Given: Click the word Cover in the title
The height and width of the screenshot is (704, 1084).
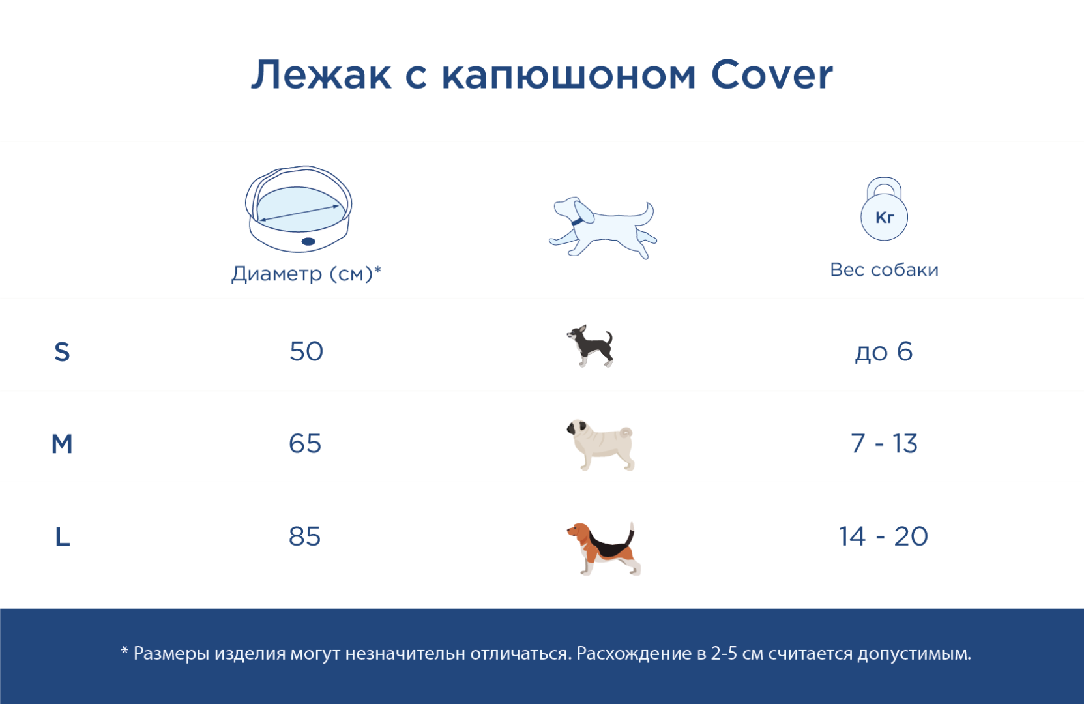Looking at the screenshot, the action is (x=771, y=75).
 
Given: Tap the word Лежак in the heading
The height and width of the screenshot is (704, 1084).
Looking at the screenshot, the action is (x=321, y=75).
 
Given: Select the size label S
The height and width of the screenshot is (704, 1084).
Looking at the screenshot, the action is (x=62, y=352).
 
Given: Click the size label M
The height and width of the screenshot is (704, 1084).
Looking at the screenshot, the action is (x=62, y=444).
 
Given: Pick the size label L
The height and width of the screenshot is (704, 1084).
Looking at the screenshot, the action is (x=63, y=536).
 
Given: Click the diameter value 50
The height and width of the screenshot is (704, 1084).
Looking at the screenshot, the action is (x=306, y=351).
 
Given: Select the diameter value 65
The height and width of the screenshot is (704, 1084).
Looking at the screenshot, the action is (x=305, y=443).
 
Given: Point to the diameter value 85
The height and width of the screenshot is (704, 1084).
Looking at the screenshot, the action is (x=305, y=536).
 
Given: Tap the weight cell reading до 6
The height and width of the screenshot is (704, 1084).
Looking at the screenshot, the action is (x=884, y=351).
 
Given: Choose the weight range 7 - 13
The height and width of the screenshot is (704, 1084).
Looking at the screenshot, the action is (x=884, y=443).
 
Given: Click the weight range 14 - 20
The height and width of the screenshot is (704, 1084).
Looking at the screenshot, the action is (x=884, y=536).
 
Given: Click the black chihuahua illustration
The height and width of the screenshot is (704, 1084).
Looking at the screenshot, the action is (x=591, y=345).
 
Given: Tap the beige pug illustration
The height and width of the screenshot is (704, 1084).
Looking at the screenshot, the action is (x=600, y=445).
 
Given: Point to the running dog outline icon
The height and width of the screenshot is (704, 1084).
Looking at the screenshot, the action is (x=603, y=227).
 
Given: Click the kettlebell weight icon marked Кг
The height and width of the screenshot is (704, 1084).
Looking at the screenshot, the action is (x=884, y=209).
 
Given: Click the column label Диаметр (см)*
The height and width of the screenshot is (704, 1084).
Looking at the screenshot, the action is (x=306, y=274).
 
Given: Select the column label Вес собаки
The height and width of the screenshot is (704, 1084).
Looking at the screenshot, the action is (x=884, y=270).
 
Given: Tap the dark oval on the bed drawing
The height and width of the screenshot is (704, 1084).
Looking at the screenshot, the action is (x=308, y=241).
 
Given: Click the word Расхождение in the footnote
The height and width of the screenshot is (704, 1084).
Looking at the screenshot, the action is (x=634, y=654).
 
